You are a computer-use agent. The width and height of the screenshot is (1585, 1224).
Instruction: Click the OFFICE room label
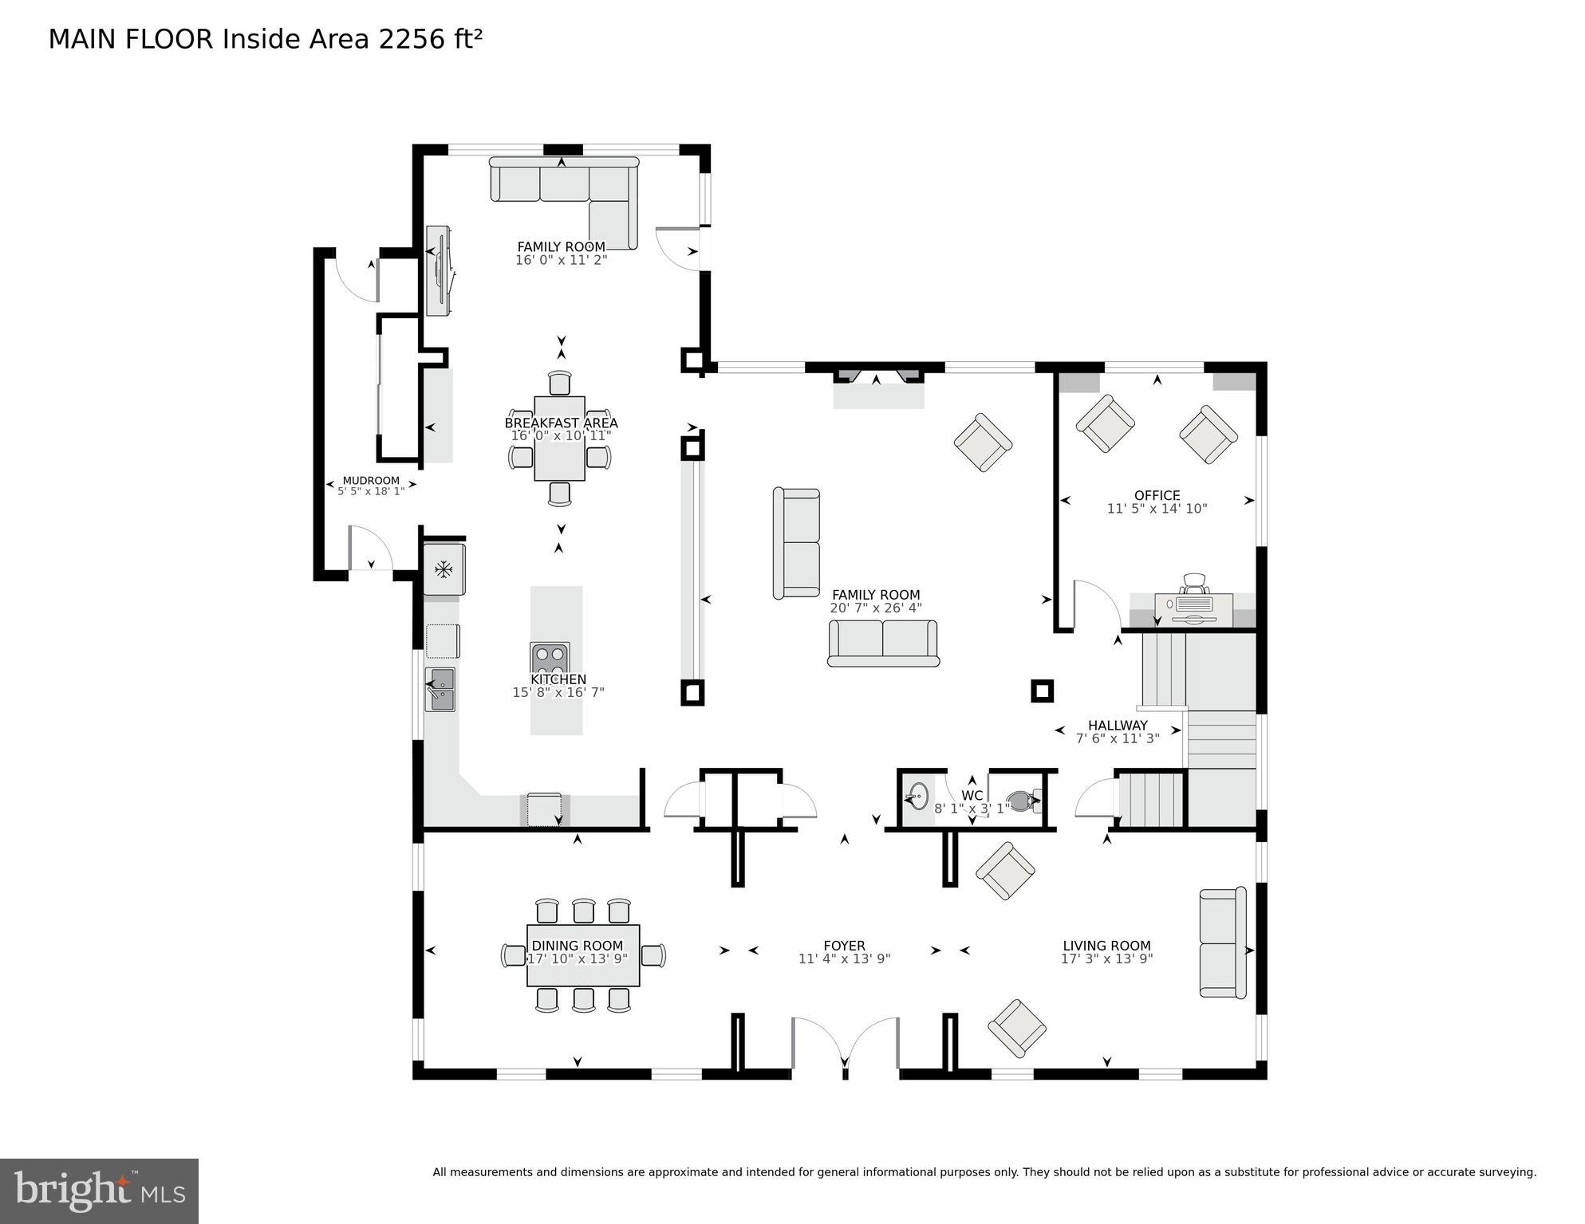coord(1157,495)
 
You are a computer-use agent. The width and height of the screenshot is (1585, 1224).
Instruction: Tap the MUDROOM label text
coord(371,481)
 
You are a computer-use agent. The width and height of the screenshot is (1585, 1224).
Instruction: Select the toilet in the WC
coord(1023,801)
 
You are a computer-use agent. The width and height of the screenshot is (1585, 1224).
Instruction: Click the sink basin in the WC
coord(917,797)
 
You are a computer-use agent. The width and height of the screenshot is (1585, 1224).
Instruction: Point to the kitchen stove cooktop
coord(550,659)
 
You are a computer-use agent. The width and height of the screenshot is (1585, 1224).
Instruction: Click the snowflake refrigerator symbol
coord(444,569)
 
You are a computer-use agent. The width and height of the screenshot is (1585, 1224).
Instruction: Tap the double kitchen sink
coord(440,690)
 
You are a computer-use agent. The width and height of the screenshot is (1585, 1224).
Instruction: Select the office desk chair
coord(1194,584)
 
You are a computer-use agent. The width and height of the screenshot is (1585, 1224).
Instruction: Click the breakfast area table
coord(559,439)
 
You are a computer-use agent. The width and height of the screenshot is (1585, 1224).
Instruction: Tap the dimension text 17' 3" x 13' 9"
coord(1106,959)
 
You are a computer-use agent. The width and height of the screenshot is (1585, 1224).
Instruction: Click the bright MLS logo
coord(99,1191)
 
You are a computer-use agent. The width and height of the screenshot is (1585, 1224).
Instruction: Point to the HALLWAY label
coord(1118,725)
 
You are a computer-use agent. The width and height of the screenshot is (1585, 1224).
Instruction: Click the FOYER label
coord(844,946)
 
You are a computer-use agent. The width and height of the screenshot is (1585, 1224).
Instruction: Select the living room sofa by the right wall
coord(1222,943)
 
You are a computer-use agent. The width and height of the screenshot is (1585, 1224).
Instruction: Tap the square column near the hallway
coord(1042,691)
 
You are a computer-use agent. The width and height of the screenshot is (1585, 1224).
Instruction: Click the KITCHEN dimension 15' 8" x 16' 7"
coord(558,693)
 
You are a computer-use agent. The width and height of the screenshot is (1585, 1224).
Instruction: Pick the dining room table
coord(583,955)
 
